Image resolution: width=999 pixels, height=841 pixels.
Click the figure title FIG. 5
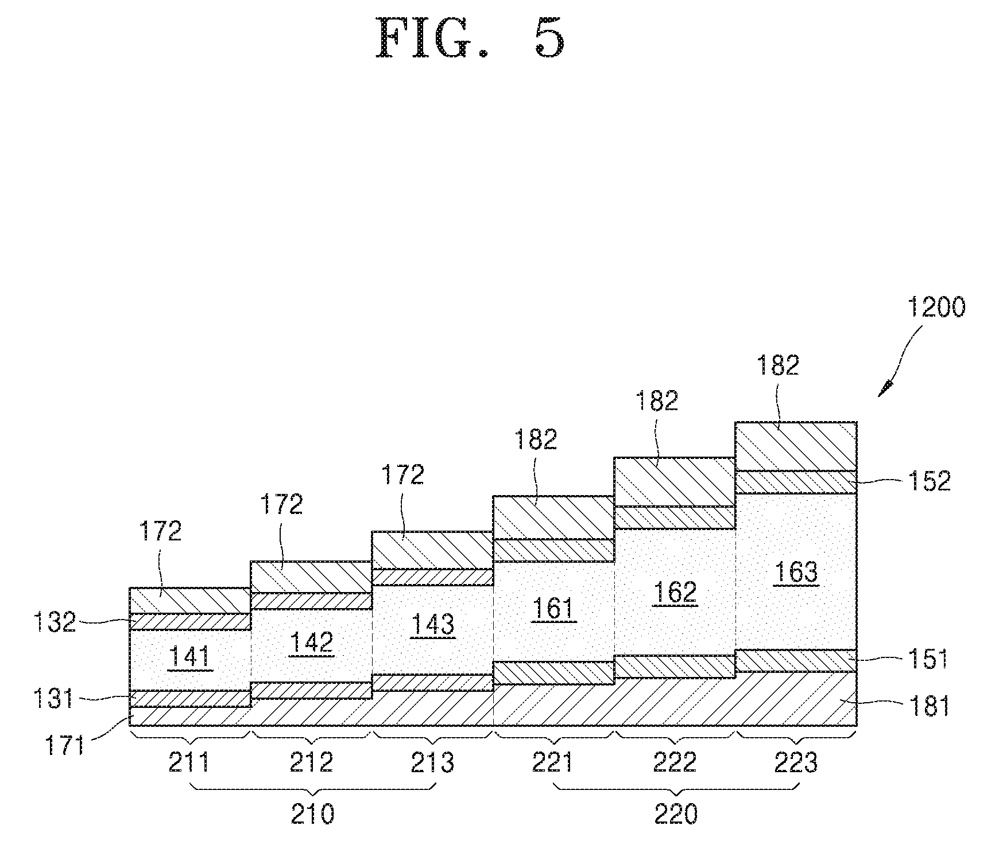tap(470, 38)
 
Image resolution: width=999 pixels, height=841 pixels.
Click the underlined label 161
tap(553, 608)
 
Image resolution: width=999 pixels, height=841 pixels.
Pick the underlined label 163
tap(796, 572)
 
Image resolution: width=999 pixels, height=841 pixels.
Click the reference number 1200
tap(936, 307)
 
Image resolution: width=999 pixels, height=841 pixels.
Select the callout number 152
tap(928, 481)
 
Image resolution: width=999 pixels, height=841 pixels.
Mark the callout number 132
tap(53, 622)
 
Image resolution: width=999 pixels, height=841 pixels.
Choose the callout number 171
tap(66, 746)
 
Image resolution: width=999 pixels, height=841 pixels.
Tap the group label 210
tap(312, 813)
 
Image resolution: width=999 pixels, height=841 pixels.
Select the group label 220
tap(676, 813)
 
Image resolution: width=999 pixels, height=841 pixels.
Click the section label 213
tap(433, 762)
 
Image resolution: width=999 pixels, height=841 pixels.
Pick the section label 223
tap(796, 762)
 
